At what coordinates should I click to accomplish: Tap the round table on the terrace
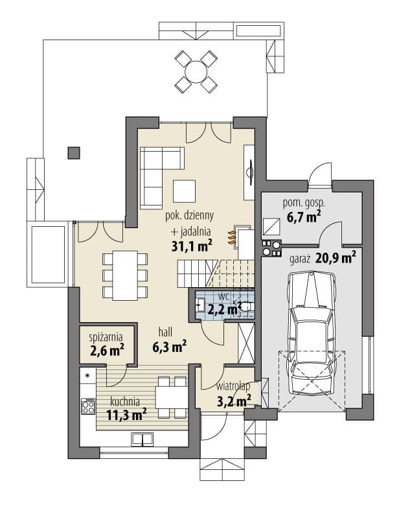tap(196, 72)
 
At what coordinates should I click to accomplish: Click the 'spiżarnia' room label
tap(106, 337)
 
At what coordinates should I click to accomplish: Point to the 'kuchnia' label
tap(125, 401)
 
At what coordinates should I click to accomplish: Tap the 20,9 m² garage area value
tap(336, 259)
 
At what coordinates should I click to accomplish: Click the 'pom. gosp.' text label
tap(304, 204)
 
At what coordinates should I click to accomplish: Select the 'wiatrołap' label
tap(233, 386)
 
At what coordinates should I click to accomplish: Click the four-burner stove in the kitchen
tap(88, 406)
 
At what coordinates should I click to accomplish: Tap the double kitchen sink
tap(142, 439)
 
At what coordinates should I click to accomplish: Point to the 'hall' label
tap(165, 333)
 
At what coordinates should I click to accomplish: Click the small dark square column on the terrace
tap(74, 153)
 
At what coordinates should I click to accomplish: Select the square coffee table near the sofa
tap(185, 191)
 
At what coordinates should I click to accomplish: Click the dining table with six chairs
tap(125, 275)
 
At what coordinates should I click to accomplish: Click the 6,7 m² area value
tap(303, 217)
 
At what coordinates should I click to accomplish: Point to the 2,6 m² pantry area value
tap(107, 350)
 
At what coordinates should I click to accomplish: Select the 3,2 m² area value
tap(234, 401)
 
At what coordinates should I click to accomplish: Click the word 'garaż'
tap(300, 259)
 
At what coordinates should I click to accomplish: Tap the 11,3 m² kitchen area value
tap(126, 415)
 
